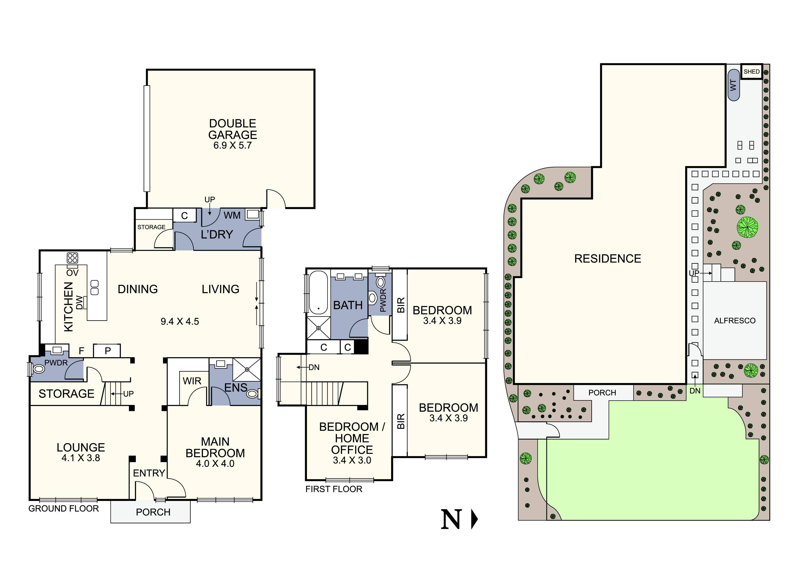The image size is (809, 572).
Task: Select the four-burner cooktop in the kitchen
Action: pos(72,258)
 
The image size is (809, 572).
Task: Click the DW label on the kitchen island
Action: pos(80,302)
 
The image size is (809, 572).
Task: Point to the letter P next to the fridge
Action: pos(108,351)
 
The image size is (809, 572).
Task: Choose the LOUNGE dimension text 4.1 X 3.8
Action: pos(81,458)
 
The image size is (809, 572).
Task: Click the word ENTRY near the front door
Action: pos(149,473)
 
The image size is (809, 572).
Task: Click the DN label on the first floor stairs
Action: pos(314,367)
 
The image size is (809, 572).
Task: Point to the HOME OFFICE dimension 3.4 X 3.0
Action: pos(352,460)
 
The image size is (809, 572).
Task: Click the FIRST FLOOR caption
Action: pos(334,489)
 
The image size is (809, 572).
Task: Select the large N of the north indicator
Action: pos(451,519)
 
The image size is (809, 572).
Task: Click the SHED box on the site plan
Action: pos(751,72)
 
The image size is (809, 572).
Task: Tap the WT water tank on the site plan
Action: pos(734,85)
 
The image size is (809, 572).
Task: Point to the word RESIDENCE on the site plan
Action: pos(607,259)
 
